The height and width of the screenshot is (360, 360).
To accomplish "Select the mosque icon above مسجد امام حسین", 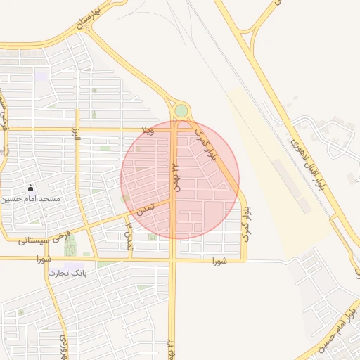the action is pos(30,188).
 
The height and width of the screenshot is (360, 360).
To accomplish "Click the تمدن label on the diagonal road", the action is pos(145,209).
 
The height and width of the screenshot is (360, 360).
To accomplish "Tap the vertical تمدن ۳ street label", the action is pos(129,236).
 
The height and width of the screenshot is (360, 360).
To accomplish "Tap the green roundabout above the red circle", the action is pos(181,111).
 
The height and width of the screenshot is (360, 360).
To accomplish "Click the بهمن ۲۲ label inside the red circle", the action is pos(178,178).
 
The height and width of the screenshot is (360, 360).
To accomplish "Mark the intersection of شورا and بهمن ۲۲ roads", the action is pos(173,260).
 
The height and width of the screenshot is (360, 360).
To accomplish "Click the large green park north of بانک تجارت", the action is pos(70,245).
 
